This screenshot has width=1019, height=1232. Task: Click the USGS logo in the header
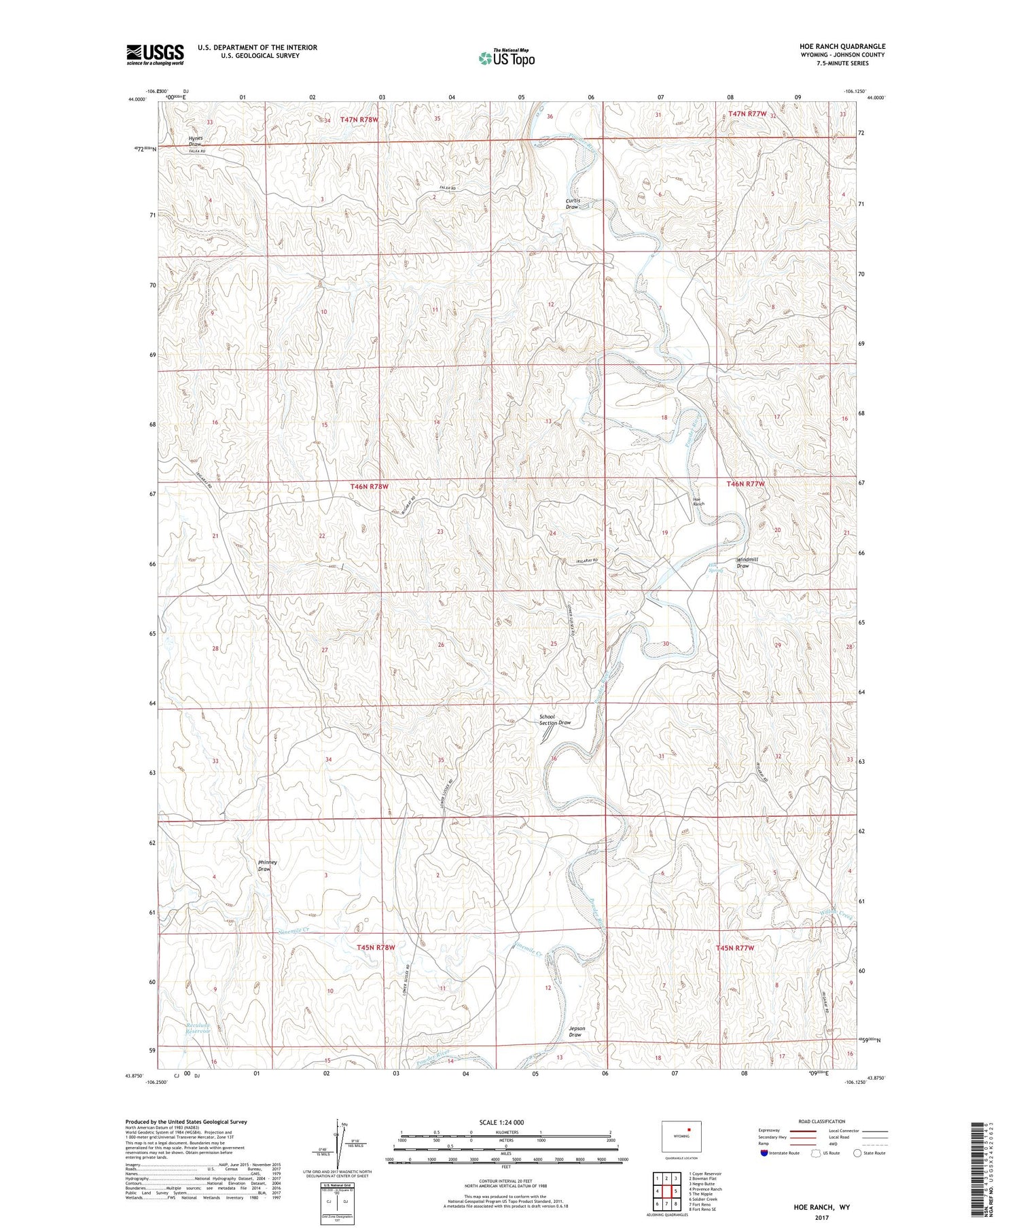pyautogui.click(x=155, y=54)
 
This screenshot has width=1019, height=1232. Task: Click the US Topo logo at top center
pyautogui.click(x=507, y=58)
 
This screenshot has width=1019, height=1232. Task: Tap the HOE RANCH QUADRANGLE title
pyautogui.click(x=842, y=46)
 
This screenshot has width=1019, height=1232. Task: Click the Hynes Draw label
pyautogui.click(x=196, y=141)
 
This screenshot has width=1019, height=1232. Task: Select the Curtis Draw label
pyautogui.click(x=573, y=203)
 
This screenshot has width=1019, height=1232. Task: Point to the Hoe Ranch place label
pyautogui.click(x=698, y=501)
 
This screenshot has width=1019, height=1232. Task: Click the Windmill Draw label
pyautogui.click(x=747, y=563)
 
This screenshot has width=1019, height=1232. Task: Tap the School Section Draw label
pyautogui.click(x=554, y=720)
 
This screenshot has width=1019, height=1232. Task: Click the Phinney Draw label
pyautogui.click(x=267, y=866)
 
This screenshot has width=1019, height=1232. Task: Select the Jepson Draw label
pyautogui.click(x=575, y=1032)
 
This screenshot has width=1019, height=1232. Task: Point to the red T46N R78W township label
pyautogui.click(x=370, y=487)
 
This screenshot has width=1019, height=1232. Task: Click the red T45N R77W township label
pyautogui.click(x=735, y=947)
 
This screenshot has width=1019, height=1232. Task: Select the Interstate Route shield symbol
pyautogui.click(x=764, y=1153)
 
